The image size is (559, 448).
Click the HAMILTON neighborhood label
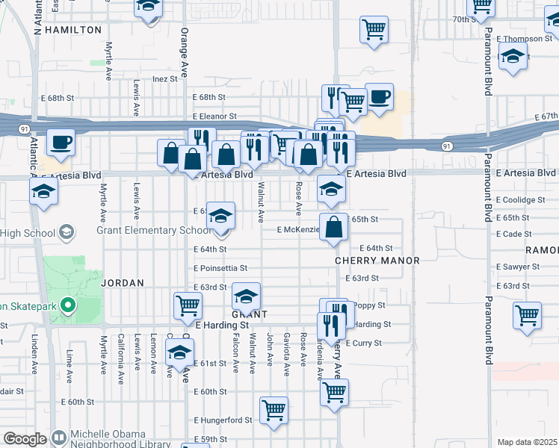[73, 30]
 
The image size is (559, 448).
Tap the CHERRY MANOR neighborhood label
[377, 261]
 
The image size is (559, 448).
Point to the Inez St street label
[165, 78]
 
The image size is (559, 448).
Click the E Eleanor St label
[214, 116]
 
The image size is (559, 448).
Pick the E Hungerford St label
[223, 420]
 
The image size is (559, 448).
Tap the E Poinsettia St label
[220, 268]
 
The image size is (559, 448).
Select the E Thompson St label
[522, 39]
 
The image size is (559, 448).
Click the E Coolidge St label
[520, 200]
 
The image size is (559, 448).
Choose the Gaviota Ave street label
[287, 354]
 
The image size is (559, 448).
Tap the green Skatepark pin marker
[67, 305]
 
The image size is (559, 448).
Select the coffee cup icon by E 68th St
[379, 96]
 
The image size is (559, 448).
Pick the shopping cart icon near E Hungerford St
[274, 409]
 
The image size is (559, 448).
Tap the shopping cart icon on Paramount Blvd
[528, 314]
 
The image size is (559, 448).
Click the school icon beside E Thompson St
[513, 57]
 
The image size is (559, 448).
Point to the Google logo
[25, 439]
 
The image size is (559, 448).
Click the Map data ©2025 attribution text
[527, 442]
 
